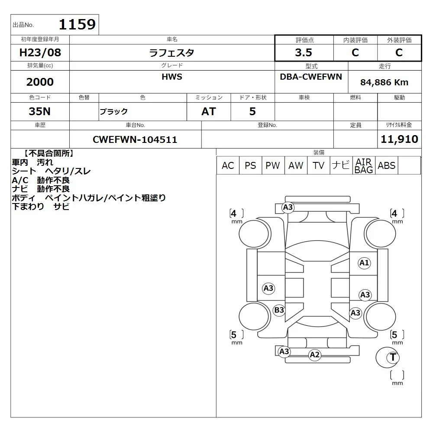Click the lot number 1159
click(x=77, y=24)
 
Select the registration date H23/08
click(x=40, y=52)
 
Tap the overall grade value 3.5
click(x=304, y=52)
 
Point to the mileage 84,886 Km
click(x=384, y=82)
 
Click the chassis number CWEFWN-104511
click(x=135, y=139)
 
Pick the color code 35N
click(x=40, y=111)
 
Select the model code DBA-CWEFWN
click(x=311, y=77)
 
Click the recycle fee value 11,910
click(x=399, y=139)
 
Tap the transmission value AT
click(x=209, y=111)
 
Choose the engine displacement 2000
click(x=40, y=82)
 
